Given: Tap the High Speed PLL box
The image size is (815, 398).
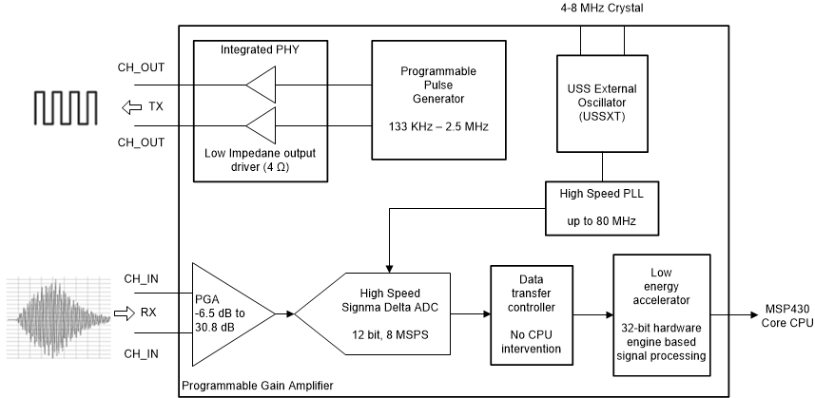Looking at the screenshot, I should point(600,207).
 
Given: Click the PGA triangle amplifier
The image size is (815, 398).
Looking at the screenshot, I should point(229,313).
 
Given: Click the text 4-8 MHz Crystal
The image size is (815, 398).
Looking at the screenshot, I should point(603,9).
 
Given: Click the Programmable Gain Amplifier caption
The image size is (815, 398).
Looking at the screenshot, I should point(258,386).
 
